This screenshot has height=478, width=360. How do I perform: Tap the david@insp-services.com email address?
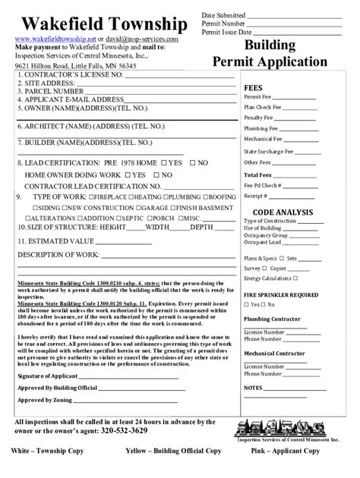click(144, 39)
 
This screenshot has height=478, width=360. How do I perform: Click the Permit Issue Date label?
click(226, 33)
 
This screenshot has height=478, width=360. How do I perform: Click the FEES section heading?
click(253, 88)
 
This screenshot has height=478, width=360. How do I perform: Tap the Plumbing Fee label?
click(259, 128)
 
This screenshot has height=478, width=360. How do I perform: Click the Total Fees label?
click(256, 174)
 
